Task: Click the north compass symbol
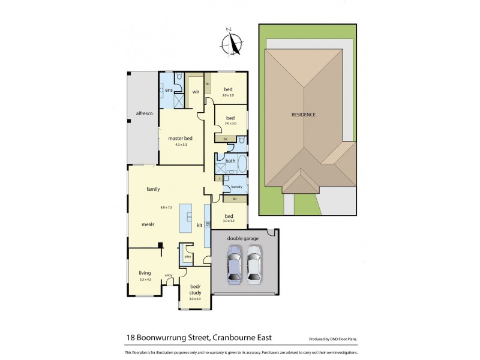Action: pos(232,43)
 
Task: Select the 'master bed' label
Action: pos(180,139)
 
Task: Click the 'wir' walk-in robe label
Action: pos(196,92)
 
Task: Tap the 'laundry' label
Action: pos(236,187)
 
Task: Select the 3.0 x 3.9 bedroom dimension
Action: pos(229,95)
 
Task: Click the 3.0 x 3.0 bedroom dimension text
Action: pos(230,123)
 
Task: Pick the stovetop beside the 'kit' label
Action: pos(208,224)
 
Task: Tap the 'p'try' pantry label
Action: pos(188,257)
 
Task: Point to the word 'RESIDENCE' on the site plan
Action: pos(304,115)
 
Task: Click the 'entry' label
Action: pos(169,275)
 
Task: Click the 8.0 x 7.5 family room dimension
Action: pos(166,207)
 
